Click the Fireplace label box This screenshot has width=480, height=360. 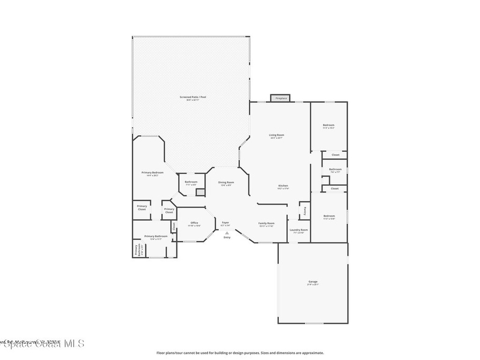(281, 98)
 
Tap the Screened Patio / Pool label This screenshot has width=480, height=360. (193, 97)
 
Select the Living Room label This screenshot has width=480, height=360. (277, 135)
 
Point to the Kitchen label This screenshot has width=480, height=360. (283, 186)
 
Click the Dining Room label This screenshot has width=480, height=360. (226, 182)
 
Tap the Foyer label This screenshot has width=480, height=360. (225, 223)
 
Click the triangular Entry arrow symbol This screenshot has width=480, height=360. (227, 232)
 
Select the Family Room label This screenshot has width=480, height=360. (266, 224)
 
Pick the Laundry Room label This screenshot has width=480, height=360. (299, 230)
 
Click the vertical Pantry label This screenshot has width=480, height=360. (305, 210)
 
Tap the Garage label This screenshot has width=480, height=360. (313, 282)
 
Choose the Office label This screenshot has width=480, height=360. (194, 223)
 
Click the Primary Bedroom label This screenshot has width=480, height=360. (152, 173)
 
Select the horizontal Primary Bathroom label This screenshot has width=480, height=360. (156, 236)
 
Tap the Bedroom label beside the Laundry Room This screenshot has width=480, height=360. (329, 216)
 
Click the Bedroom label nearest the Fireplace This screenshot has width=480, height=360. (329, 125)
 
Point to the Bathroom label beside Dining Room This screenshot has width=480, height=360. (191, 182)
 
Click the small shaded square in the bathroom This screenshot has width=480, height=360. (200, 192)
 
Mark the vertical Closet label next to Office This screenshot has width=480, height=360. (173, 226)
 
